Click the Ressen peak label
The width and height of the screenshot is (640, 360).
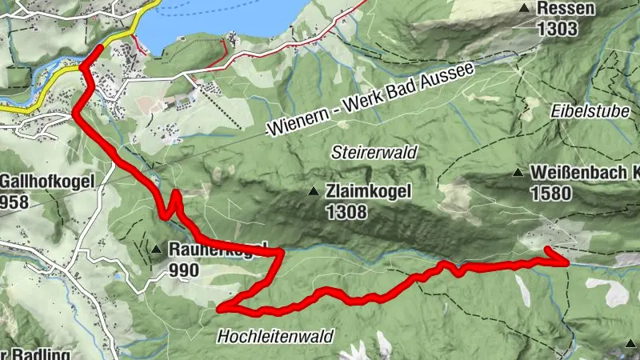point(566,10)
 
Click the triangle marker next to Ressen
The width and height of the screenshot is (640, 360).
point(525,9)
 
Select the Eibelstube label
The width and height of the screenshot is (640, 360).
point(590,111)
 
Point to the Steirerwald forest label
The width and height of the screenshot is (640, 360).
point(375,150)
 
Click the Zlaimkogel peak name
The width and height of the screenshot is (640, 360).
point(369,192)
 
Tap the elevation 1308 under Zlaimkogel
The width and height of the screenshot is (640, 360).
point(346,212)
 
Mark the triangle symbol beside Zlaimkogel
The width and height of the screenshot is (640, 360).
point(314,191)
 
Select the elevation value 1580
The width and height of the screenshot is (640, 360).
point(550,193)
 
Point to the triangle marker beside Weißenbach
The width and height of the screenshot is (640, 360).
point(519,172)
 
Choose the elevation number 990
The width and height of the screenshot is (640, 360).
point(184,270)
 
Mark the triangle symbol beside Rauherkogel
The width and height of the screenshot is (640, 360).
point(155,249)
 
